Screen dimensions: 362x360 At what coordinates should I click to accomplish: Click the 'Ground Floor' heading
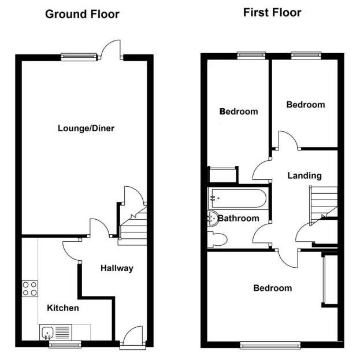coord(82,14)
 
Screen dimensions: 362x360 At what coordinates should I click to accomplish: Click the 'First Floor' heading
coord(272,12)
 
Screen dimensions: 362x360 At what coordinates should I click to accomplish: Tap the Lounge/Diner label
coord(86,128)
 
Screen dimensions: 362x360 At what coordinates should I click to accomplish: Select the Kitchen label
coord(63,308)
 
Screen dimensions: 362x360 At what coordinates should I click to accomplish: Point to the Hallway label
coord(117,268)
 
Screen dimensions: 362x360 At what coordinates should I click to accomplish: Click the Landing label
coord(305,176)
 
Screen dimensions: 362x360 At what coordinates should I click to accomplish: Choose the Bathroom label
coord(238,219)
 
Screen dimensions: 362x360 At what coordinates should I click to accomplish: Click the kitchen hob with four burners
coord(30,288)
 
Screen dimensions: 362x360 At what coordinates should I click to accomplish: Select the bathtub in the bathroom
coord(237,200)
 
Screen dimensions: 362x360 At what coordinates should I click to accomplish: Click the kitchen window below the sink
coord(64,345)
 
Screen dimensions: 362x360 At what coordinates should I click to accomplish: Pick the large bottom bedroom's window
coord(270,346)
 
